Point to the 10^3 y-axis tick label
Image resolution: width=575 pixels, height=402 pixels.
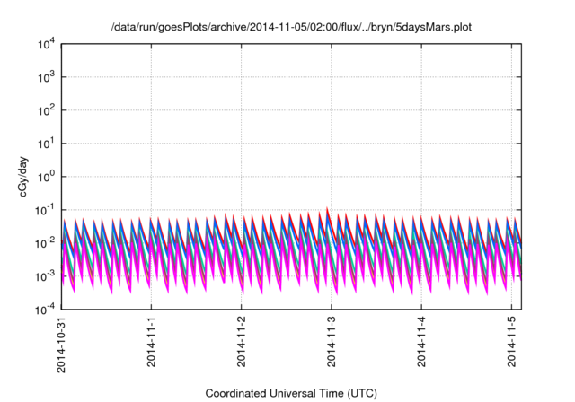point(47,77)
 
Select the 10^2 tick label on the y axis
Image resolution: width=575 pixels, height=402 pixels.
point(47,110)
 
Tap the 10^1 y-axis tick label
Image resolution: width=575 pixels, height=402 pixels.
point(47,144)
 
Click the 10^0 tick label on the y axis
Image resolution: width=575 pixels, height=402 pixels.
point(47,177)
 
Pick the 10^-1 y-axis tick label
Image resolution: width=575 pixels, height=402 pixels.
point(45,210)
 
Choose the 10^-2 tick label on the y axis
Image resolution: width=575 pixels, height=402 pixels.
point(45,243)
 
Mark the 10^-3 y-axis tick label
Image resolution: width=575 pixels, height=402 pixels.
point(45,276)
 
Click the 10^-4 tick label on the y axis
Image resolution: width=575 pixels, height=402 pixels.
point(45,310)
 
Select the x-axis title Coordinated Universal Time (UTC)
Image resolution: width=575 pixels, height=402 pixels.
point(292,393)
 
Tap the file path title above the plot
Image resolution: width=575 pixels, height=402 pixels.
point(292,28)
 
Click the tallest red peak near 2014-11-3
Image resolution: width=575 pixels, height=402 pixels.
point(327,209)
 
